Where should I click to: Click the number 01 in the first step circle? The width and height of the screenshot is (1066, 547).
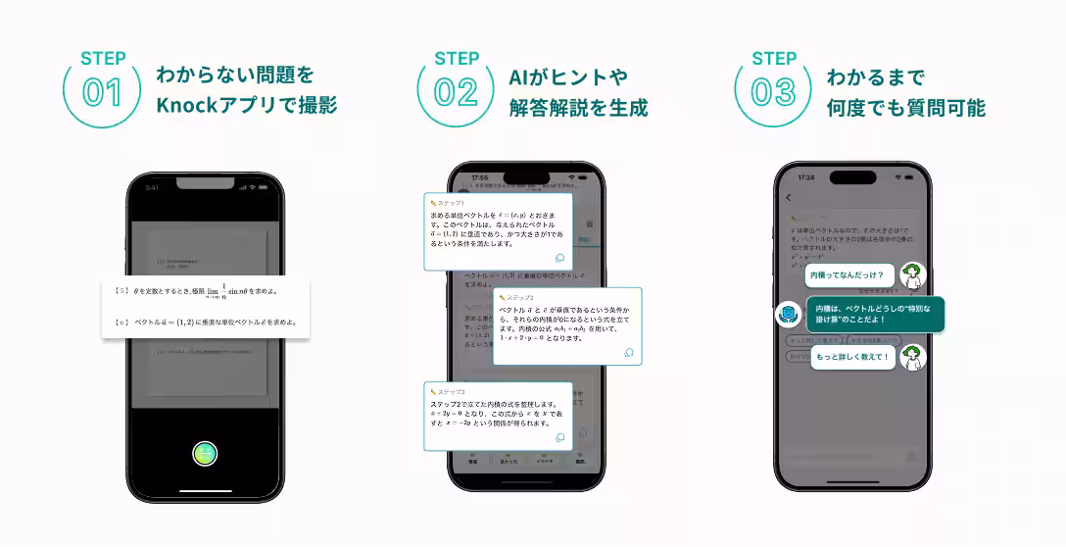pyautogui.click(x=102, y=93)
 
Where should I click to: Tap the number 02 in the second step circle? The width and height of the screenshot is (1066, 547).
pyautogui.click(x=456, y=93)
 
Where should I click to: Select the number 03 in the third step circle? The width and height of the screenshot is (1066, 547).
pyautogui.click(x=773, y=93)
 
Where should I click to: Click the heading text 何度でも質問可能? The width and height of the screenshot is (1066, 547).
pyautogui.click(x=905, y=108)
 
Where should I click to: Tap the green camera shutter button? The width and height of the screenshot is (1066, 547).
pyautogui.click(x=205, y=453)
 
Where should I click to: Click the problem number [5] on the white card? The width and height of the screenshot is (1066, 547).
pyautogui.click(x=121, y=290)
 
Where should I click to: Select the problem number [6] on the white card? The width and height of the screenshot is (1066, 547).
pyautogui.click(x=121, y=322)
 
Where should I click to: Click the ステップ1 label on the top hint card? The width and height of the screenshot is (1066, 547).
pyautogui.click(x=452, y=202)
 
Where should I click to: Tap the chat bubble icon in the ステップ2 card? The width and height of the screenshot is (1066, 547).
pyautogui.click(x=628, y=353)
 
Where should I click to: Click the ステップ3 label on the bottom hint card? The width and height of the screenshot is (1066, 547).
pyautogui.click(x=452, y=392)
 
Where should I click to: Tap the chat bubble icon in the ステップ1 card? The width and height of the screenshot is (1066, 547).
pyautogui.click(x=559, y=259)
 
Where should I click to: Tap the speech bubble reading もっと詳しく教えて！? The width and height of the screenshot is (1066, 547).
pyautogui.click(x=853, y=357)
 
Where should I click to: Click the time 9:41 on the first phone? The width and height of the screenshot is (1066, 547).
pyautogui.click(x=152, y=187)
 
